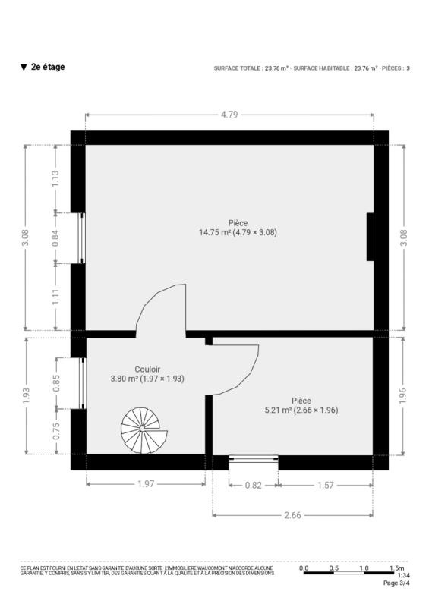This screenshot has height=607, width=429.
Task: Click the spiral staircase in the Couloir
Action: pos(144,430)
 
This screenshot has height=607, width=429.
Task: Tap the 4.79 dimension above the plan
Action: pos(229,115)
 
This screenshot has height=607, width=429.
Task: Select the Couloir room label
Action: pos(147,370)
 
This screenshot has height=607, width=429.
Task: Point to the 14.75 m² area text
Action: pos(215,232)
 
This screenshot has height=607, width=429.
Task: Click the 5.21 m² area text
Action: pos(278,410)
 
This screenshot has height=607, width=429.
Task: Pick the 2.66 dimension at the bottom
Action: pos(292,515)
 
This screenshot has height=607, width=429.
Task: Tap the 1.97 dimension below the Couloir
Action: pos(146,484)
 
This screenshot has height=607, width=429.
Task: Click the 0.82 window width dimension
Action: pos(254,485)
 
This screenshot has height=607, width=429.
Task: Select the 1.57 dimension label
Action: pos(326,485)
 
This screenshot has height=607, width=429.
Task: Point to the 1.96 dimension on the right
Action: pos(403,395)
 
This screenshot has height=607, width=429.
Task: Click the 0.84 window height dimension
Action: pos(55,238)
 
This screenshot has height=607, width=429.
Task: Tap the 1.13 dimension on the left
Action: pos(55,179)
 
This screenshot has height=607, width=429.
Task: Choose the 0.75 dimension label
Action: pos(57,431)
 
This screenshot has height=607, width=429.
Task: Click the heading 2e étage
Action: pos(48,67)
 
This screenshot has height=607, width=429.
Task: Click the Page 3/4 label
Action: pos(396,583)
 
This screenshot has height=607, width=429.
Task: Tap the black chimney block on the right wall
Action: pos(370,237)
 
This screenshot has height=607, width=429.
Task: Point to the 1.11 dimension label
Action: pos(55,297)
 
